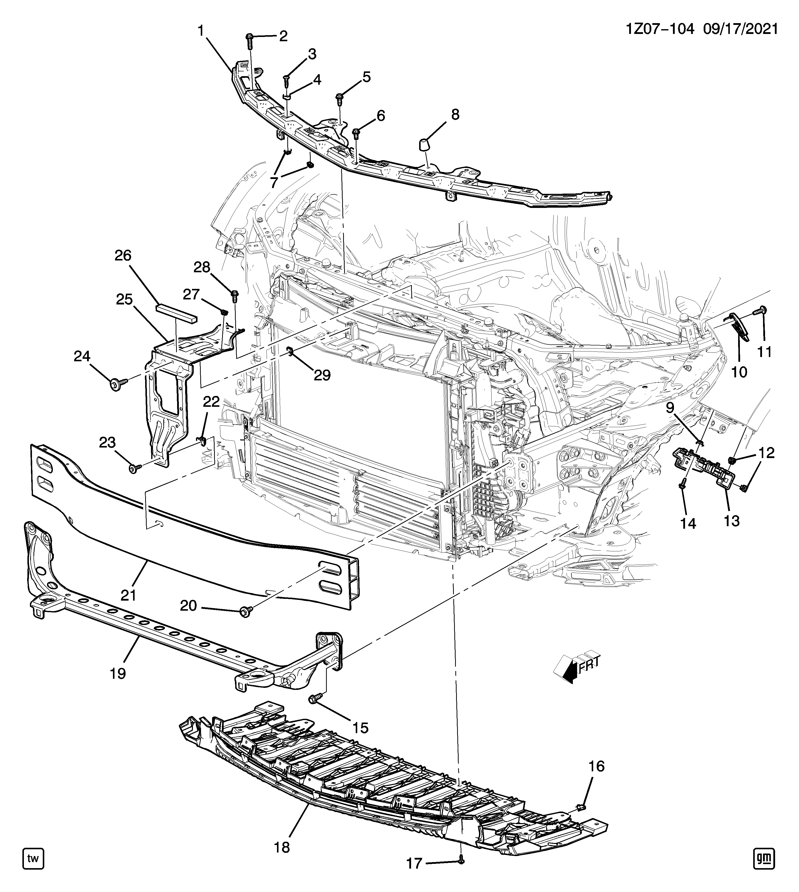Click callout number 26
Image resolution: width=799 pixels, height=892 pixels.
coord(123,255)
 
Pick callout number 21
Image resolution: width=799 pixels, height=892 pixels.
coord(129,595)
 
